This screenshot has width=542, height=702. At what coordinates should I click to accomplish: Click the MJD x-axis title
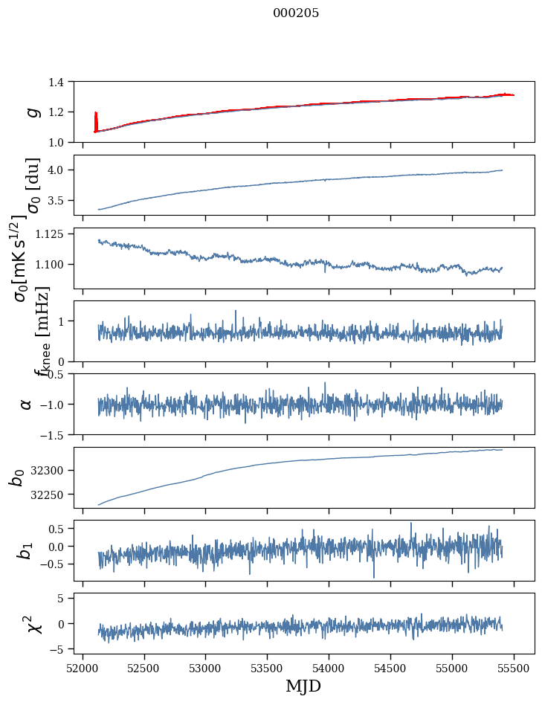pyautogui.click(x=303, y=686)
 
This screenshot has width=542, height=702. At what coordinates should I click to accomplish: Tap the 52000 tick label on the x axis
pyautogui.click(x=83, y=667)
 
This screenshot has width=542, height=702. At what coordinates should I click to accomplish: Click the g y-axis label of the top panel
pyautogui.click(x=32, y=112)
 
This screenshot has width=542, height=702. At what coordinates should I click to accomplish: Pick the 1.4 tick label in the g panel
pyautogui.click(x=62, y=82)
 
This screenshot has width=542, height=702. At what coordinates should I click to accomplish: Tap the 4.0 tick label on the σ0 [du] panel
pyautogui.click(x=62, y=170)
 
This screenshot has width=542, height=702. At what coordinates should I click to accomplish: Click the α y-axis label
pyautogui.click(x=26, y=404)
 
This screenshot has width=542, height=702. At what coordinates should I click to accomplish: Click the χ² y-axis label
pyautogui.click(x=34, y=624)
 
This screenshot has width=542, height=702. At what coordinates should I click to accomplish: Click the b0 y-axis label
pyautogui.click(x=16, y=477)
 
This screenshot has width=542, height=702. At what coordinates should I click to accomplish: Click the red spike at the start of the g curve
pyautogui.click(x=96, y=119)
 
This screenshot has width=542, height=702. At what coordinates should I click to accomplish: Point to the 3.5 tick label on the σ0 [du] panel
pyautogui.click(x=62, y=201)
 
